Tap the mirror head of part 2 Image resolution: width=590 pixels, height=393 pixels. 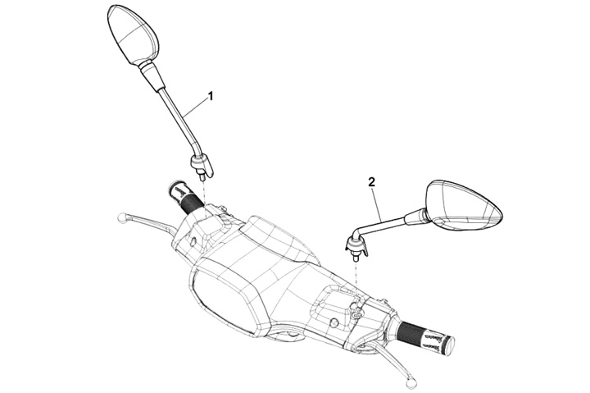point(465,205)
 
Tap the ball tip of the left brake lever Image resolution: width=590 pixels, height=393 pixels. point(122,218)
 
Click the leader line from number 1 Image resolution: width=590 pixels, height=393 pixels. point(195,107)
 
